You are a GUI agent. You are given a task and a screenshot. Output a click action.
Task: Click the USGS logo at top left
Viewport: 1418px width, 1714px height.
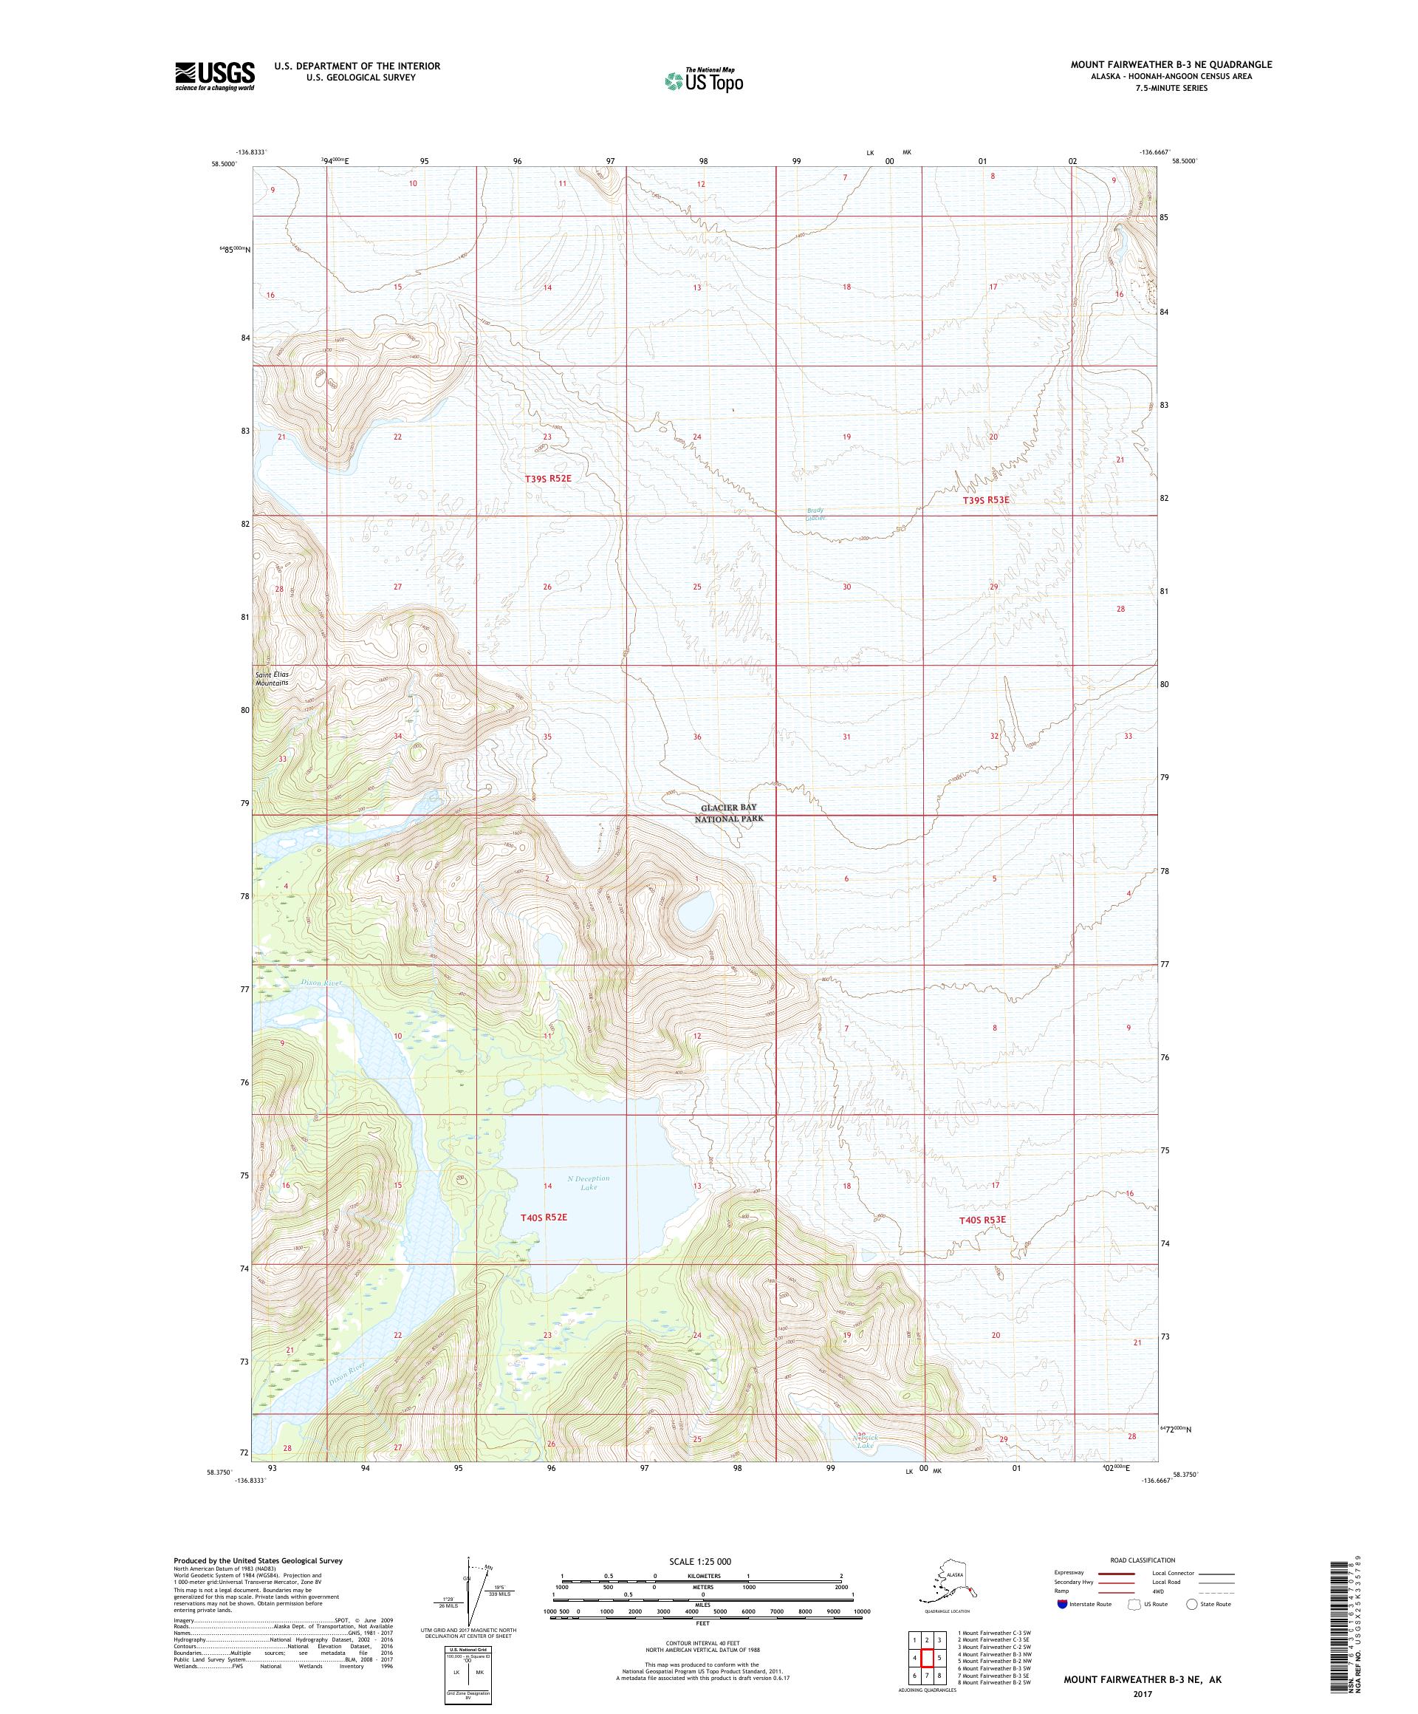[x=213, y=77]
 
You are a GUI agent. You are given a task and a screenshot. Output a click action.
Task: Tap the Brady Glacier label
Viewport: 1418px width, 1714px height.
[x=815, y=514]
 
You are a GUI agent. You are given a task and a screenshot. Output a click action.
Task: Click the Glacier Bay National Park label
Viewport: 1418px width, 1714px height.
[x=729, y=812]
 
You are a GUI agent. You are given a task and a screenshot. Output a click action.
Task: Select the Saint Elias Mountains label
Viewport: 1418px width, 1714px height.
[x=272, y=678]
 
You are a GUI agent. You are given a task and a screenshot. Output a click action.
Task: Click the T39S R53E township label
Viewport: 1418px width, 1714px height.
[x=985, y=499]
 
